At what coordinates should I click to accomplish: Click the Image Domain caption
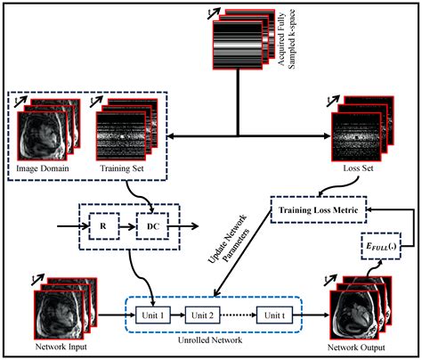pyautogui.click(x=45, y=170)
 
